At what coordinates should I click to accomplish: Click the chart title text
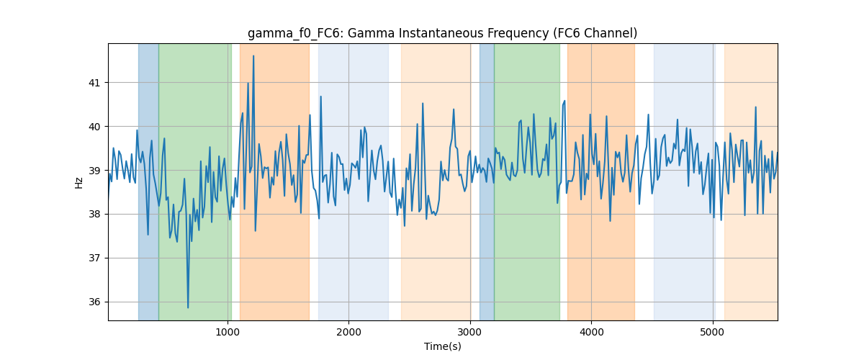(x=442, y=34)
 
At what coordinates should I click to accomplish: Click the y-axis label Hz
(x=78, y=183)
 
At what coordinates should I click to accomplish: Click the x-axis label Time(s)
(x=442, y=346)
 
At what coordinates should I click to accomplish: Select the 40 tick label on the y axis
(x=94, y=127)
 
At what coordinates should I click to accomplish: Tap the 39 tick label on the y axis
(x=94, y=171)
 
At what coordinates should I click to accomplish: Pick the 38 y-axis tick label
(x=94, y=215)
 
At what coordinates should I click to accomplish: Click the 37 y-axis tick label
(x=94, y=258)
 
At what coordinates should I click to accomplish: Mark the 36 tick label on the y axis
(x=94, y=302)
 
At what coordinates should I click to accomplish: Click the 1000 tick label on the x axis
(x=228, y=333)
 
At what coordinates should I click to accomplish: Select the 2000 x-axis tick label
(x=348, y=333)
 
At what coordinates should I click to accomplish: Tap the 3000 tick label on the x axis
(x=470, y=333)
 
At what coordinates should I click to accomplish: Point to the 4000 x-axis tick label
(x=591, y=333)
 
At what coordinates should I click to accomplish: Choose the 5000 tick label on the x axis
(x=712, y=333)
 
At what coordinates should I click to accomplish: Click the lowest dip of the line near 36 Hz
(x=188, y=307)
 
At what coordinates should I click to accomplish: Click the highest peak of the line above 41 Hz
(x=253, y=56)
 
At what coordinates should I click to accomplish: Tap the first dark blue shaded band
(x=148, y=181)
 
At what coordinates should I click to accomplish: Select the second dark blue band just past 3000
(x=487, y=181)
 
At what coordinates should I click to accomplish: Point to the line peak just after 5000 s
(x=716, y=143)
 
